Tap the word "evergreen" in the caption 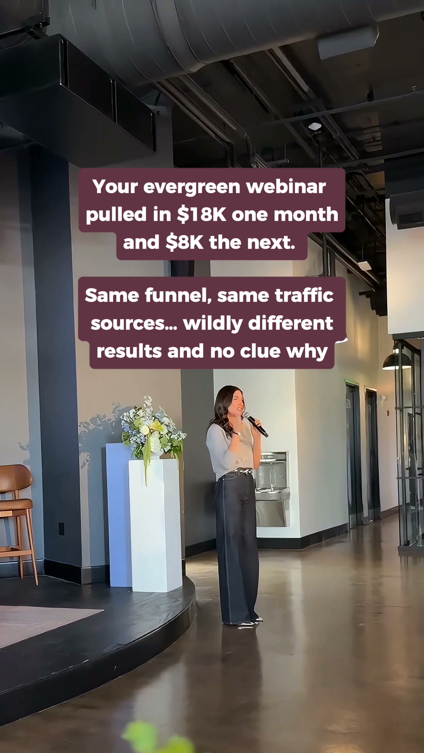click(x=192, y=187)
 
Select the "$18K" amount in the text click(x=201, y=215)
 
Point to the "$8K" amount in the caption click(x=184, y=242)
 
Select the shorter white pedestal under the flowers click(x=155, y=526)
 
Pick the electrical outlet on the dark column click(x=62, y=529)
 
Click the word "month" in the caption click(x=306, y=215)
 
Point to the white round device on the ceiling click(x=315, y=126)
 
